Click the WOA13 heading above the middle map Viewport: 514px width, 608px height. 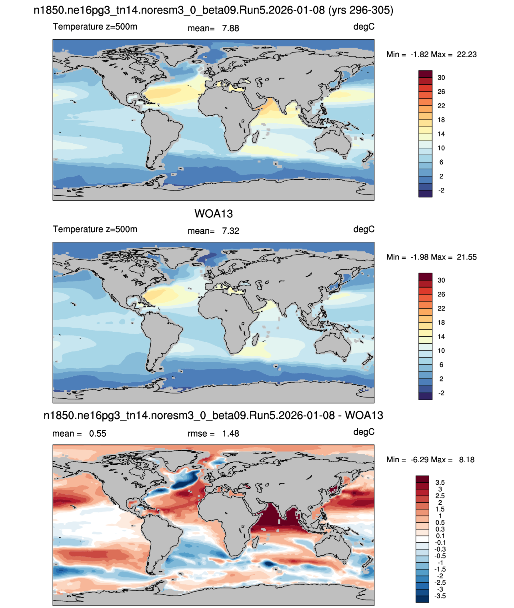(x=213, y=214)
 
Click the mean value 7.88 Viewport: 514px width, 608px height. (x=230, y=28)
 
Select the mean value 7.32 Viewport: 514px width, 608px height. (x=230, y=231)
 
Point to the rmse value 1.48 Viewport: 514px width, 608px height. (x=230, y=433)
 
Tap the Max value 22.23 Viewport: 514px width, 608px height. (x=466, y=54)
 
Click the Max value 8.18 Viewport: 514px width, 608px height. (x=467, y=460)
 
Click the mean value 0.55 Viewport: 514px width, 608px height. (x=98, y=433)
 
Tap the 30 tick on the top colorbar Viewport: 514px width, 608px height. (x=441, y=78)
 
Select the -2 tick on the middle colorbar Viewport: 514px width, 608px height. (x=441, y=393)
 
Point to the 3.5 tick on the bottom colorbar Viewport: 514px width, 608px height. (x=440, y=482)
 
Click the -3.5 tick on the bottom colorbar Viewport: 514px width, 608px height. (x=440, y=596)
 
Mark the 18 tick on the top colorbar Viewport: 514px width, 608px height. (x=441, y=120)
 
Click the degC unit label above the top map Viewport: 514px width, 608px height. (x=364, y=27)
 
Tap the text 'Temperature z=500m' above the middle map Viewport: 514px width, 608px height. (x=95, y=229)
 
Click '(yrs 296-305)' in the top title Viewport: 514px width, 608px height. (x=360, y=10)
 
